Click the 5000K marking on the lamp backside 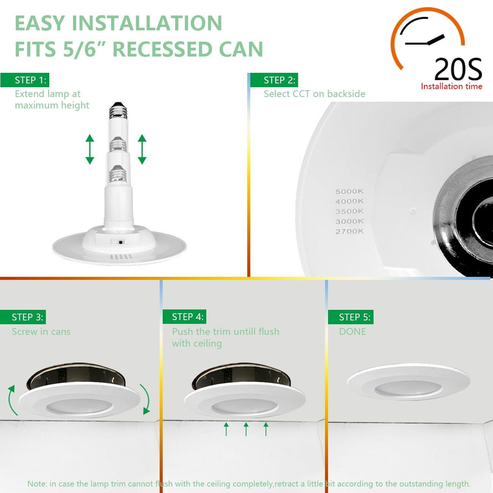(x=349, y=192)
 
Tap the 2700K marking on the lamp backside (x=349, y=231)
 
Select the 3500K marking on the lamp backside (x=349, y=211)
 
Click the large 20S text (x=458, y=69)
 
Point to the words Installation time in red (x=451, y=86)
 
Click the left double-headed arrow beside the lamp (x=90, y=149)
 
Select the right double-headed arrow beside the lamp (x=142, y=149)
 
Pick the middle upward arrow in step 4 (x=246, y=429)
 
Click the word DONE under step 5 (x=352, y=332)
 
